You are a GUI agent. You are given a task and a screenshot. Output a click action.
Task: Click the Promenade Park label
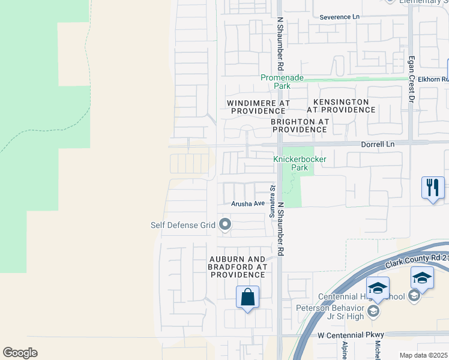click(282, 82)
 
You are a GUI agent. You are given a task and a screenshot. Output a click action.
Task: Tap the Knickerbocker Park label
click(291, 163)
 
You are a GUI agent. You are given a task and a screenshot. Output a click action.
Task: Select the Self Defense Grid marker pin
click(226, 226)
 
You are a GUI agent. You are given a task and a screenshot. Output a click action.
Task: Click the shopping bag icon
click(247, 297)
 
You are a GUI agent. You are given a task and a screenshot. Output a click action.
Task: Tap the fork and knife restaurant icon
click(433, 188)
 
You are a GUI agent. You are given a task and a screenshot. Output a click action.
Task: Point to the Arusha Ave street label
click(249, 204)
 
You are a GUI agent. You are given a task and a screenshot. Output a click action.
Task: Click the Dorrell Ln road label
click(378, 145)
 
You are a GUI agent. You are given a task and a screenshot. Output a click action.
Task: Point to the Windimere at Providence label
click(258, 107)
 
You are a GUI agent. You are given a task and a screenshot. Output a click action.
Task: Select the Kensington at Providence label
click(341, 106)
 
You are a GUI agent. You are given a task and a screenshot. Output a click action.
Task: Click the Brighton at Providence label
click(300, 125)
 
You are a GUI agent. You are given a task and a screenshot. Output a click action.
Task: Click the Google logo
click(20, 352)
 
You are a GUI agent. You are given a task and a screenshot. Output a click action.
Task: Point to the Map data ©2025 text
click(423, 355)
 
